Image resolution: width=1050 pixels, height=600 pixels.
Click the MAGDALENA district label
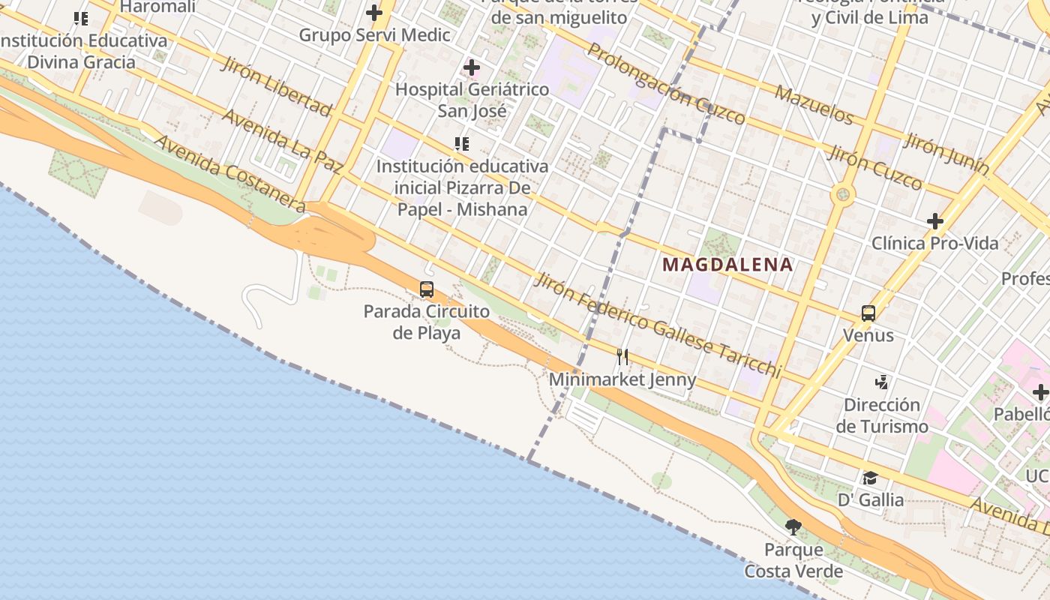[727, 264]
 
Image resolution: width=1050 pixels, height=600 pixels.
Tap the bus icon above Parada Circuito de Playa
[426, 289]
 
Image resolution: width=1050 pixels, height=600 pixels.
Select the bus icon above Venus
[868, 313]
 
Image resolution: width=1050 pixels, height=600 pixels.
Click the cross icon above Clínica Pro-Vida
[934, 221]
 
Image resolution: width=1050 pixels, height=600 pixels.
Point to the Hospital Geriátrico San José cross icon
[471, 68]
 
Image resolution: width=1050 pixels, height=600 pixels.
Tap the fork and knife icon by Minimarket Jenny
[622, 356]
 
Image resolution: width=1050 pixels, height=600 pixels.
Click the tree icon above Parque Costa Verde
[793, 526]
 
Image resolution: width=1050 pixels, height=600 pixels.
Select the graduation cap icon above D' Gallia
[870, 478]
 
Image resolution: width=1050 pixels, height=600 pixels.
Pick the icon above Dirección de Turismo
[882, 382]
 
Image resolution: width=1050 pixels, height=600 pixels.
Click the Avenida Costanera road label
[229, 174]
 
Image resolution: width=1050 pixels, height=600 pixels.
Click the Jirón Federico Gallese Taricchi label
[657, 324]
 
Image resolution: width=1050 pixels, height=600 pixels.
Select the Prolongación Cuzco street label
[666, 82]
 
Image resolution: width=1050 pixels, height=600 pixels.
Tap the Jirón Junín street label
[946, 155]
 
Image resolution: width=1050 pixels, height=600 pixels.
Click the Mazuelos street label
[814, 105]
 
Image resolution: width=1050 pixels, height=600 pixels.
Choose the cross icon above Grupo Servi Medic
[373, 13]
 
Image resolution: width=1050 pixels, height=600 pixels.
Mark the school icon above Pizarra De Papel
[462, 143]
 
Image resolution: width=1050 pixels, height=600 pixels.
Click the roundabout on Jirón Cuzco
[843, 196]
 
